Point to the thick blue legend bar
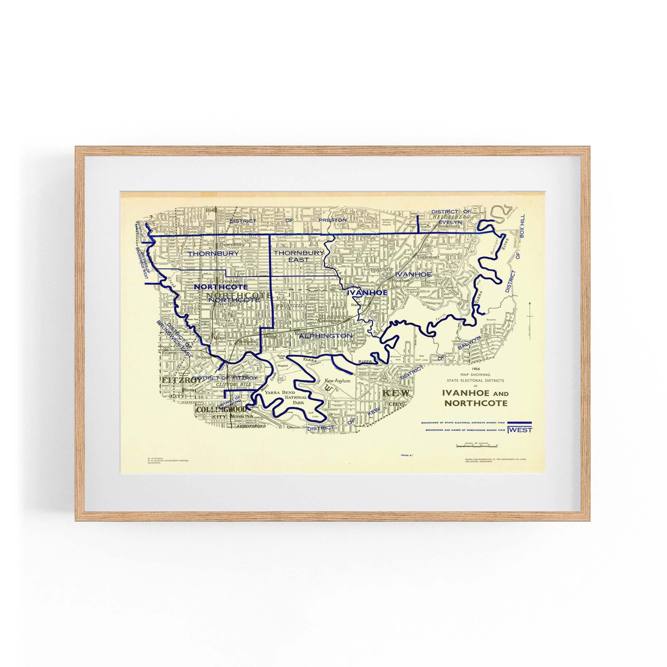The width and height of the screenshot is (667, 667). [520, 423]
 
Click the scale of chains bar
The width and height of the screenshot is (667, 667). [477, 446]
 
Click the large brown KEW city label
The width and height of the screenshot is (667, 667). [396, 393]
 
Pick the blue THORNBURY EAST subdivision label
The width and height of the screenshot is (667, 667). [299, 256]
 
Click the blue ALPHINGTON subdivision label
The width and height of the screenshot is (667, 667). [325, 336]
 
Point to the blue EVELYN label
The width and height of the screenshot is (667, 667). [450, 222]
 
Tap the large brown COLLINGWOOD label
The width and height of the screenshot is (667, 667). [221, 410]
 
